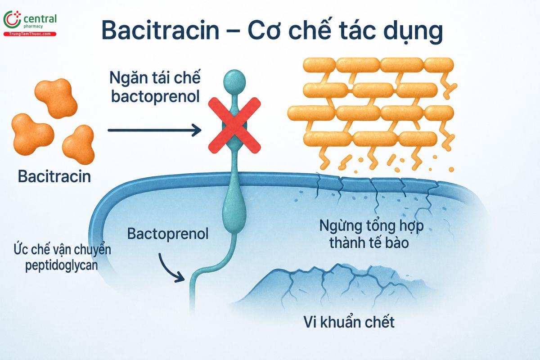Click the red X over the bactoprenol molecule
point(234,126)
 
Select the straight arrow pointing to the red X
point(154,130)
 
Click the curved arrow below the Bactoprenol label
point(170,269)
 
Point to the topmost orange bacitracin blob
point(56,98)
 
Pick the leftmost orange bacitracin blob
point(32,134)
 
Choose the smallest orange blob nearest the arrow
point(79,144)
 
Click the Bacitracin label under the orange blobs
point(54,176)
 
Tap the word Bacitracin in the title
point(160,30)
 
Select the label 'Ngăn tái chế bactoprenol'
point(155,87)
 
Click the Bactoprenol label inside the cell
point(168,234)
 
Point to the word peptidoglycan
point(62,265)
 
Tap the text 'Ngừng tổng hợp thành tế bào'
point(371,234)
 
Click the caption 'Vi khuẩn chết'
point(349,322)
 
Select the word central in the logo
point(40,18)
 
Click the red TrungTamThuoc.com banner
point(30,34)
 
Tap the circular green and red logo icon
point(12,19)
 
